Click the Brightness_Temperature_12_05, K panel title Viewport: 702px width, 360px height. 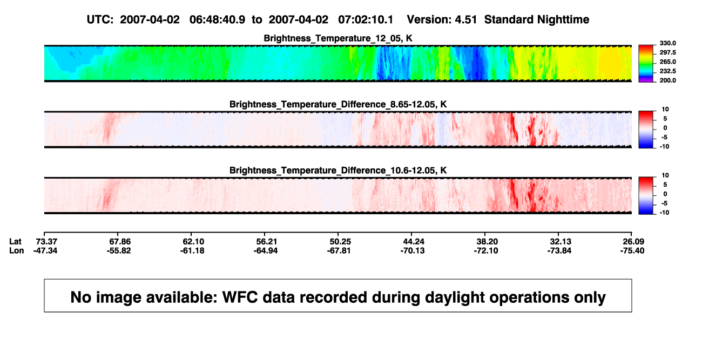(338, 38)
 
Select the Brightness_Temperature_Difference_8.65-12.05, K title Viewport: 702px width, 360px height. (338, 104)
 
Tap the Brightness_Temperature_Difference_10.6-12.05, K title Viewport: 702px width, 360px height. (338, 171)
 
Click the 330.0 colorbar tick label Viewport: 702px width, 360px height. (667, 43)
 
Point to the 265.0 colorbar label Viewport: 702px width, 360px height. (667, 62)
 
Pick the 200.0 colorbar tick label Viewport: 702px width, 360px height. (667, 80)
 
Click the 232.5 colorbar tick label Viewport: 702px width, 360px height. (667, 71)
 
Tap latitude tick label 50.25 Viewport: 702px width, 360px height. (340, 242)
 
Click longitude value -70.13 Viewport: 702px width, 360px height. (412, 250)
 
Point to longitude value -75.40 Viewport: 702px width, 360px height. (632, 250)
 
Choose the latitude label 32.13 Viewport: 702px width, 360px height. (561, 242)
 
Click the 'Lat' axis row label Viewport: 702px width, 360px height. (15, 242)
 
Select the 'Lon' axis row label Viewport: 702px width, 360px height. (16, 250)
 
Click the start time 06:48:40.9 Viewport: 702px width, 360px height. (217, 19)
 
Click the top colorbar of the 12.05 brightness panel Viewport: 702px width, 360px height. (646, 64)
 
